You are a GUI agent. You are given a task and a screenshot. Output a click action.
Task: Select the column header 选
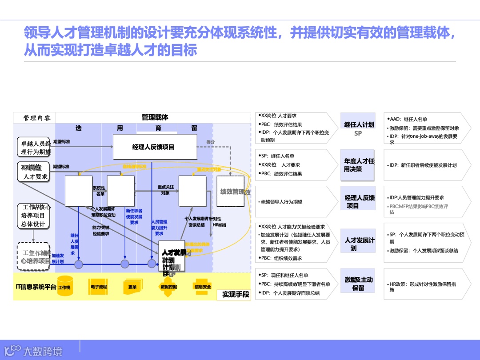78,128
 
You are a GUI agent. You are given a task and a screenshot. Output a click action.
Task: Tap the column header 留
194,128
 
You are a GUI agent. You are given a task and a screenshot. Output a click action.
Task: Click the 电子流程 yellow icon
99,287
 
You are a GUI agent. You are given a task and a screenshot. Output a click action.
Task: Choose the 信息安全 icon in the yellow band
203,287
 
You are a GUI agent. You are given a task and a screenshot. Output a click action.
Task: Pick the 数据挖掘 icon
168,287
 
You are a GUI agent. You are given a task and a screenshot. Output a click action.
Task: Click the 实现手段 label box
236,294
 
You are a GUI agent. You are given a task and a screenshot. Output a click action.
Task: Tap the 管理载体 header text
155,117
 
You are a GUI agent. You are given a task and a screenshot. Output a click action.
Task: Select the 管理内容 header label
37,118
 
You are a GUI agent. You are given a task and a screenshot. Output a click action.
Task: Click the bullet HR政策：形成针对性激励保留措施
424,287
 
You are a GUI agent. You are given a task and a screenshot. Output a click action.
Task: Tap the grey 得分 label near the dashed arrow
211,142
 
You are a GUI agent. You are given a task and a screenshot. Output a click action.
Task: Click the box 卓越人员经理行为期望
35,148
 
